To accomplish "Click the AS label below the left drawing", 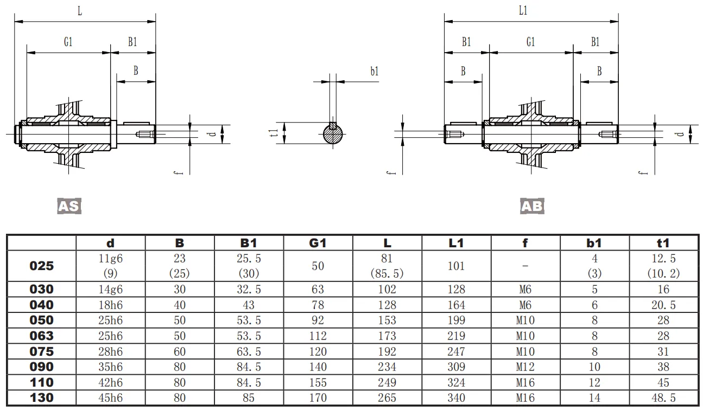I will pyautogui.click(x=69, y=206).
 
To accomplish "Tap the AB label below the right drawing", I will pyautogui.click(x=532, y=206).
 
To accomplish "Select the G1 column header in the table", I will pyautogui.click(x=318, y=243).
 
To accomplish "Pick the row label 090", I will pyautogui.click(x=42, y=367).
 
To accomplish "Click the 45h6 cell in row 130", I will pyautogui.click(x=110, y=398).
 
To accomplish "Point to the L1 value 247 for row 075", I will pyautogui.click(x=456, y=351).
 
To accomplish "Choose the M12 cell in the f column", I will pyautogui.click(x=525, y=367).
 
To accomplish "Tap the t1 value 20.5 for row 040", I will pyautogui.click(x=663, y=305).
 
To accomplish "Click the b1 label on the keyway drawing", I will pyautogui.click(x=374, y=72).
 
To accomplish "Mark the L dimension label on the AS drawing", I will pyautogui.click(x=80, y=11).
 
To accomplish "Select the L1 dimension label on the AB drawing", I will pyautogui.click(x=523, y=11).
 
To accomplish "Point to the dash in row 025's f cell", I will pyautogui.click(x=525, y=266).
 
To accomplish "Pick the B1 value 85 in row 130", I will pyautogui.click(x=249, y=398).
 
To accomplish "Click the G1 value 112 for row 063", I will pyautogui.click(x=318, y=336).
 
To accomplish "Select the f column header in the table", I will pyautogui.click(x=525, y=243).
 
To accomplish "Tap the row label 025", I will pyautogui.click(x=42, y=266).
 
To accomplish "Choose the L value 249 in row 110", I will pyautogui.click(x=387, y=383).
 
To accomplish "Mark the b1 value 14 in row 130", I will pyautogui.click(x=594, y=398).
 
